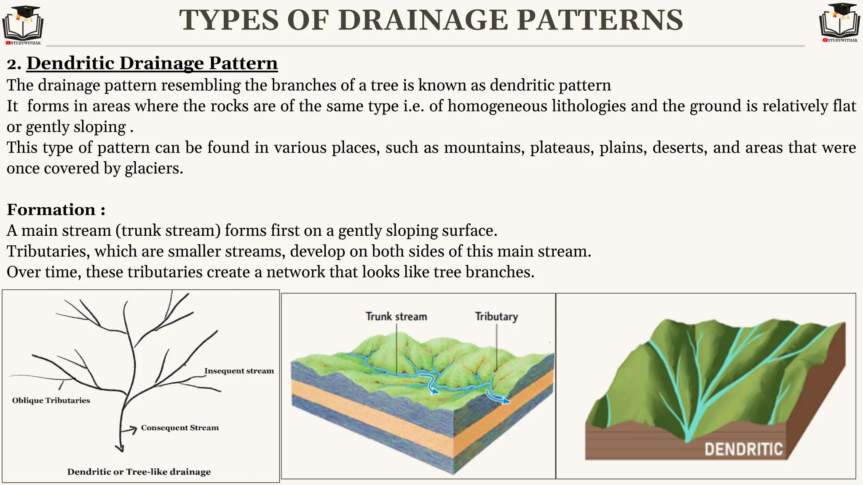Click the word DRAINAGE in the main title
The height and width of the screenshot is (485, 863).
423,20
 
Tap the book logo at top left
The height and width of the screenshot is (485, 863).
23,24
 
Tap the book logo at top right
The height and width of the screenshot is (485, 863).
839,22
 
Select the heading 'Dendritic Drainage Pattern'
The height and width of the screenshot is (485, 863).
152,63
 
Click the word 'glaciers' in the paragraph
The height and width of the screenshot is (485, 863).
153,168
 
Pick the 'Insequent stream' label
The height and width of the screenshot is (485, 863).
239,371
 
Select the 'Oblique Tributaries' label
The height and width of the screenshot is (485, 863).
51,400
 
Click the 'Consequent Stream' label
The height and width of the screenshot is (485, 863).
180,428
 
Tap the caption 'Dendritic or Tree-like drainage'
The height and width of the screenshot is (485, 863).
139,472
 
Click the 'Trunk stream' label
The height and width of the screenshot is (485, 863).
396,317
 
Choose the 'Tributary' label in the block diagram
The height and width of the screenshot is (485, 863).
496,317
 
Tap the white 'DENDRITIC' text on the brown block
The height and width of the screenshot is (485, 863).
744,449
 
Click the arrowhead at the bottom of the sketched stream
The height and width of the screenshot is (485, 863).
121,448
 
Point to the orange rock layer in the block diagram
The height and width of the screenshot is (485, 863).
421,417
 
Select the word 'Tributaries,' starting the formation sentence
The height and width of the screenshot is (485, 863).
48,251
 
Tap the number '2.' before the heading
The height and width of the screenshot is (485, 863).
14,64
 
